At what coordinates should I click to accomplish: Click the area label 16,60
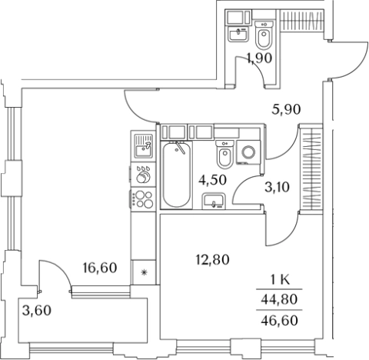[100, 268]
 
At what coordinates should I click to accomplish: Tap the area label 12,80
[212, 260]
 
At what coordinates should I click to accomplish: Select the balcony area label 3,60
[37, 311]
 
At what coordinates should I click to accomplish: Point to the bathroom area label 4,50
[212, 180]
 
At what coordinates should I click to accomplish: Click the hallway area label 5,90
[286, 110]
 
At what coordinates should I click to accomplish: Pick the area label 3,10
[277, 187]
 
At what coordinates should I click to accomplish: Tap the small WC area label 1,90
[259, 58]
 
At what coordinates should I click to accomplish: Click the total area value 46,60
[279, 320]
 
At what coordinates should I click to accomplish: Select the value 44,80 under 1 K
[279, 299]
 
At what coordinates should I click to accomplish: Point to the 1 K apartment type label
[280, 279]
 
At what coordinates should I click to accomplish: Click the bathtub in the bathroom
[177, 175]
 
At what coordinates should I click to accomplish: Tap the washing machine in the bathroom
[248, 152]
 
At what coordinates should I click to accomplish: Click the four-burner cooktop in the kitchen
[143, 199]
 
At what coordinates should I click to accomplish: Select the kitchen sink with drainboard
[143, 145]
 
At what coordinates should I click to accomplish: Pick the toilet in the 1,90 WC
[264, 35]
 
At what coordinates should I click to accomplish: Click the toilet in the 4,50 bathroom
[224, 155]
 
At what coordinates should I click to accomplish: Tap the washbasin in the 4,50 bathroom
[214, 202]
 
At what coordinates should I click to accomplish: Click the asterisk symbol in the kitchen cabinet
[145, 272]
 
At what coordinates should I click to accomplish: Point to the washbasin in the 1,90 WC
[238, 34]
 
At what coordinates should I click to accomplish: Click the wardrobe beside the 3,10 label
[311, 168]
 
